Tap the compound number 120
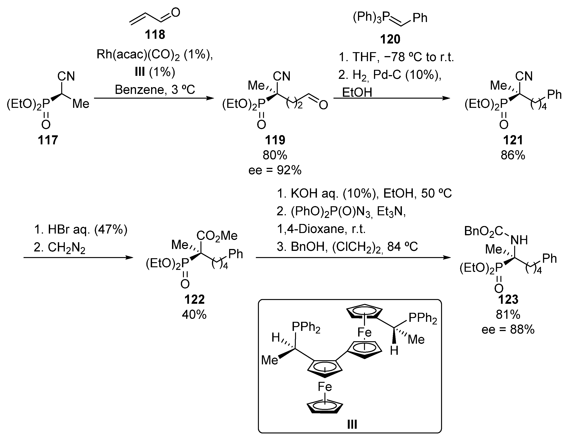[x=390, y=40]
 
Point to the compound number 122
[x=194, y=300]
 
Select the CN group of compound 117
[x=66, y=76]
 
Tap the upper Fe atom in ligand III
[x=364, y=332]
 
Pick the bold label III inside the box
[x=352, y=425]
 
